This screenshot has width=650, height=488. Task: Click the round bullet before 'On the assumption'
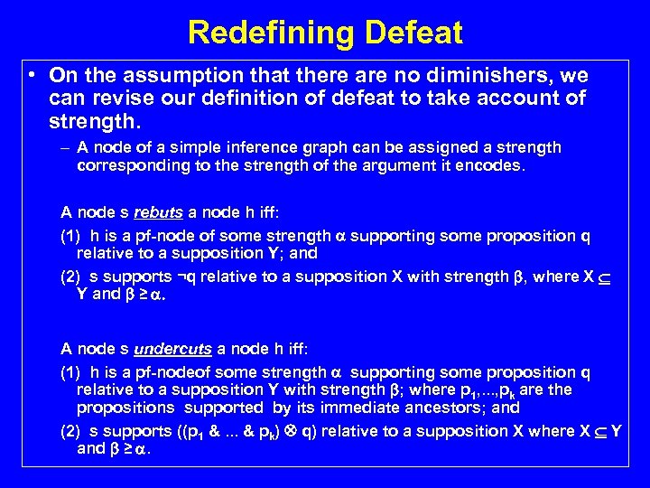pos(32,76)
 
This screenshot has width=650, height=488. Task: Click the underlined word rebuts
pos(158,213)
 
